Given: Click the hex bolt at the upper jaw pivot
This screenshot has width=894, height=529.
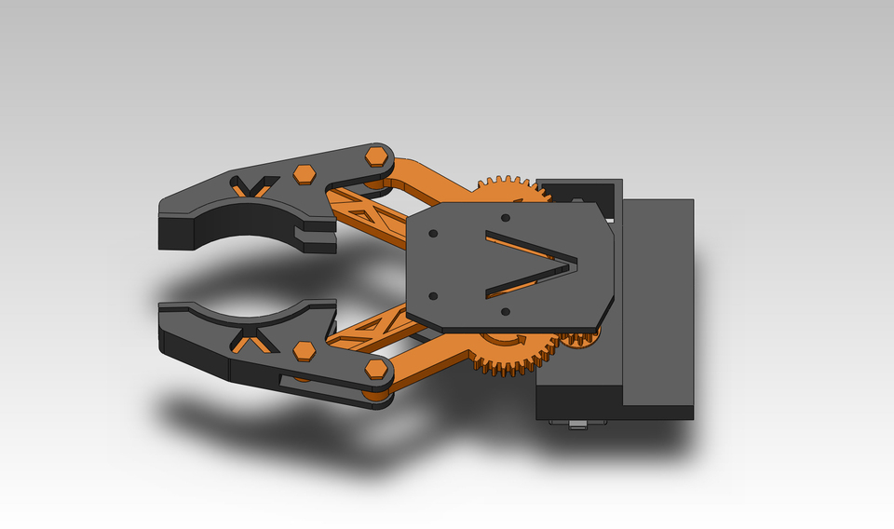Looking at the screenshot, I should coord(377,155).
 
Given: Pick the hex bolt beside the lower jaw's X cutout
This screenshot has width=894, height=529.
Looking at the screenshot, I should coord(303,350).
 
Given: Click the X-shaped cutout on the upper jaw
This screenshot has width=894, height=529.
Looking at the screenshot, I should coord(251,186).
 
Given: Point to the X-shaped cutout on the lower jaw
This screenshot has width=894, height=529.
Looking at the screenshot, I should coord(251,340).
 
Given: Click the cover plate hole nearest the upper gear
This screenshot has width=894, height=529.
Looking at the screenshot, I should coord(506,218).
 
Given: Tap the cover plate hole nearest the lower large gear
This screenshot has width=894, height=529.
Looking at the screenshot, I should coord(504,311).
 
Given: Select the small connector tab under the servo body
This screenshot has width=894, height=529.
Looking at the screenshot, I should coord(577,426).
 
